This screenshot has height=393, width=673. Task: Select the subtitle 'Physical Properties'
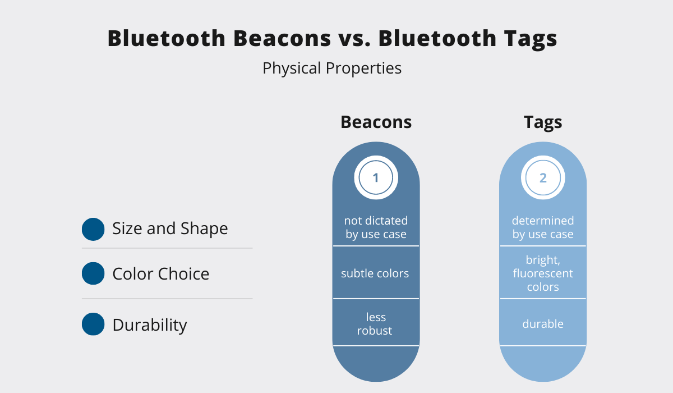click(332, 68)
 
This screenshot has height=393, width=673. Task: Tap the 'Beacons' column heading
click(376, 122)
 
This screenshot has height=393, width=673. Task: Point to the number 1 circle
click(376, 177)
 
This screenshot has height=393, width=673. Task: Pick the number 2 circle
click(543, 177)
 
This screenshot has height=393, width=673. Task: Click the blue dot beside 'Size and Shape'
click(93, 229)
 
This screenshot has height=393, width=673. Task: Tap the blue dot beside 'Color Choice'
click(93, 273)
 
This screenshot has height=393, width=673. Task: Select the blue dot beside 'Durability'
click(93, 324)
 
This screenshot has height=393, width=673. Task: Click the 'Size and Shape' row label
click(170, 229)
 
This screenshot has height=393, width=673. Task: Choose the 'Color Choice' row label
click(161, 274)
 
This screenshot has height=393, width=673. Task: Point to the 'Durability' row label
click(150, 325)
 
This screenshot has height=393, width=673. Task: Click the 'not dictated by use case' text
click(376, 227)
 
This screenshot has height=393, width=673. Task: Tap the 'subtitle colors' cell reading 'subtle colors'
click(375, 273)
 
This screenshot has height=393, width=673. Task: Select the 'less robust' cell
click(375, 324)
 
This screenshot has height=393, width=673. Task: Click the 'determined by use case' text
click(543, 227)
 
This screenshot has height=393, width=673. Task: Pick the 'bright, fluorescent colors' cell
click(543, 273)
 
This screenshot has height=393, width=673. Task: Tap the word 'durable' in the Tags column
click(543, 324)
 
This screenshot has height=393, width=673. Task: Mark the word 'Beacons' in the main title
click(282, 39)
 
